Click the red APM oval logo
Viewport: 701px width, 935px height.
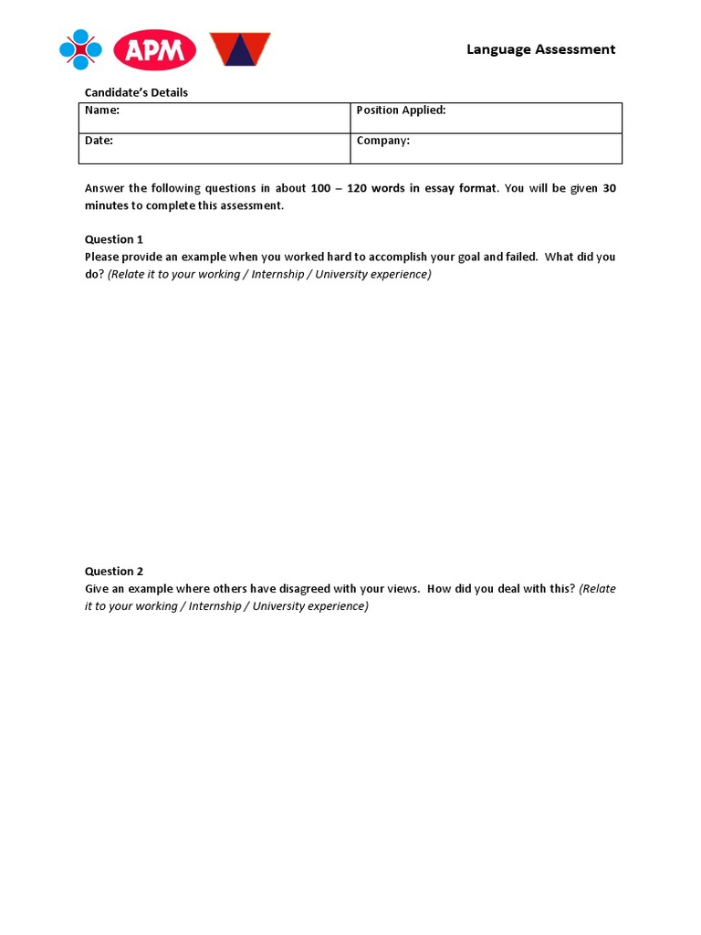(x=155, y=49)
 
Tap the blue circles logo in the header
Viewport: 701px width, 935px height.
(x=80, y=49)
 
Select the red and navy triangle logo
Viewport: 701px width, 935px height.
(x=240, y=49)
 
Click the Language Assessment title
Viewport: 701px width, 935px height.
(x=540, y=49)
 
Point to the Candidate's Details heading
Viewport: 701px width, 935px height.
(x=136, y=92)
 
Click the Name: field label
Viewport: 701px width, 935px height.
(x=102, y=110)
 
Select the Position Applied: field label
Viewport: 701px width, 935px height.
(x=401, y=110)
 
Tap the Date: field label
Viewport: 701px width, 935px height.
(x=99, y=141)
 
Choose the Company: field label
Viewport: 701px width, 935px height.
(x=382, y=141)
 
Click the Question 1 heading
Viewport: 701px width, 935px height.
(x=114, y=239)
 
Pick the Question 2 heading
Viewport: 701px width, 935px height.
(x=114, y=572)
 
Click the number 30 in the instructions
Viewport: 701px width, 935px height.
(x=610, y=188)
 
